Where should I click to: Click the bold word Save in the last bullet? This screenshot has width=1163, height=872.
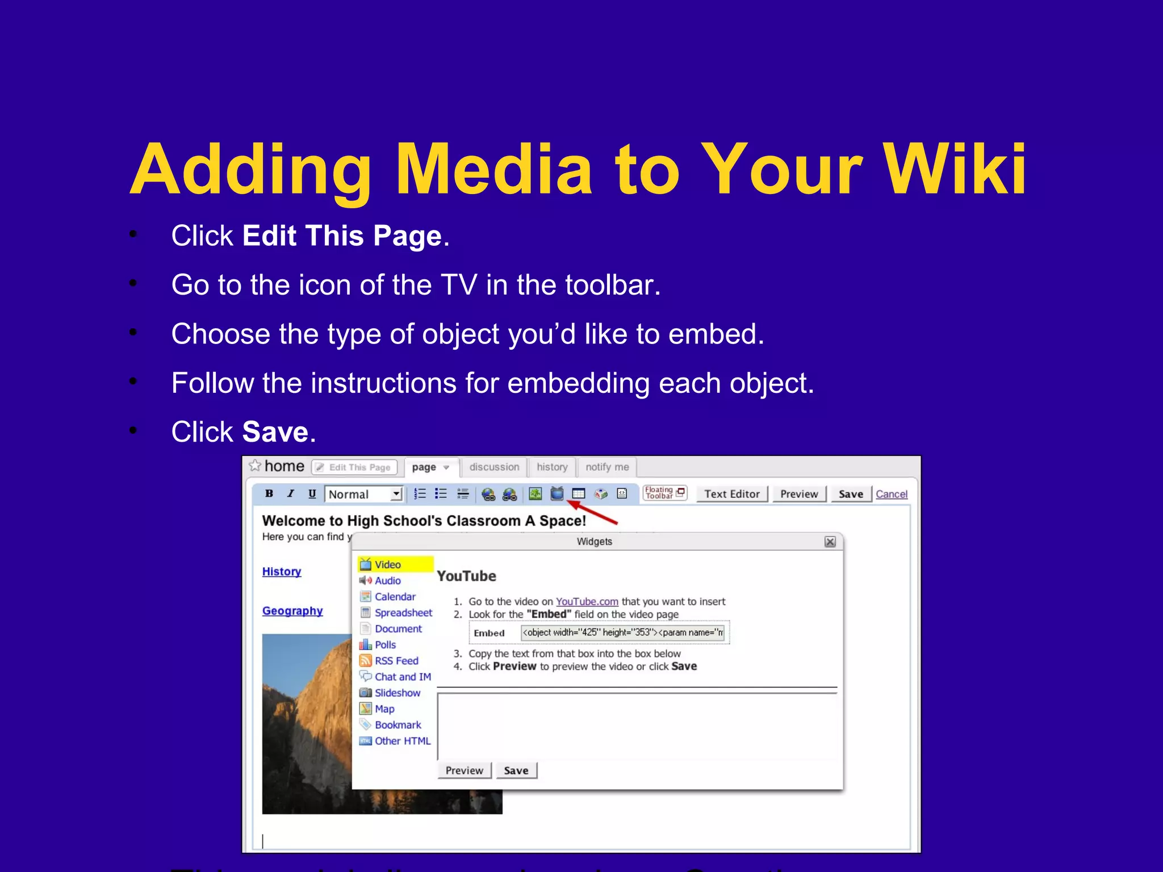[275, 432]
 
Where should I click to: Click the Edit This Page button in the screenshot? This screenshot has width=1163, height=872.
[354, 467]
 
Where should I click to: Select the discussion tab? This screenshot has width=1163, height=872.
[494, 467]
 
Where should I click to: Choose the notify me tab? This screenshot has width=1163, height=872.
[607, 467]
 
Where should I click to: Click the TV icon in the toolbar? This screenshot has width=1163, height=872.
[557, 494]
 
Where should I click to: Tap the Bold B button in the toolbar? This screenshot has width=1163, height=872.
[269, 494]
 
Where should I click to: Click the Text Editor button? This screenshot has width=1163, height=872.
[731, 494]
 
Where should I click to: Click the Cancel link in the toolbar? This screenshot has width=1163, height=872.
[891, 494]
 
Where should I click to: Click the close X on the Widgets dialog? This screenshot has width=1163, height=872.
[830, 542]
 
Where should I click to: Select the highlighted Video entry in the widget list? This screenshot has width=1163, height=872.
[388, 564]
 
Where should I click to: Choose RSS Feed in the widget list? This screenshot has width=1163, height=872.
[396, 661]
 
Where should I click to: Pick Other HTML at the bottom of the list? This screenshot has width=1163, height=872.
[403, 741]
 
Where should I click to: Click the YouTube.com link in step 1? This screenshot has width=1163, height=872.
[587, 602]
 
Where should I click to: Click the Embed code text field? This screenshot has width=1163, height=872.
[623, 632]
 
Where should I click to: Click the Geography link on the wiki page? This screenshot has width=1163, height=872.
[292, 611]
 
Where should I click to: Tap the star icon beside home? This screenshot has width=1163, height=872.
[255, 466]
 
